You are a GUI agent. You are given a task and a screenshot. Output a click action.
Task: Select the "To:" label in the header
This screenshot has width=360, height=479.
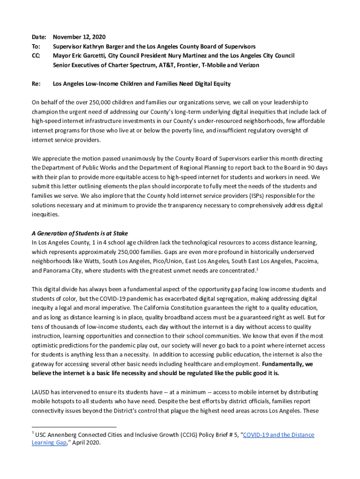(x=36, y=46)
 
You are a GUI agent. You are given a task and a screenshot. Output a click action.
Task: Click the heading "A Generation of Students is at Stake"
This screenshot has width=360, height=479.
(x=79, y=233)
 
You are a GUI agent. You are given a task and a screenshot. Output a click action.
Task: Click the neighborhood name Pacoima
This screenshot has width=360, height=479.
(x=305, y=261)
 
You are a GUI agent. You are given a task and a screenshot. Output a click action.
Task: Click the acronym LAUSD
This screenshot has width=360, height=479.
(x=41, y=392)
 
